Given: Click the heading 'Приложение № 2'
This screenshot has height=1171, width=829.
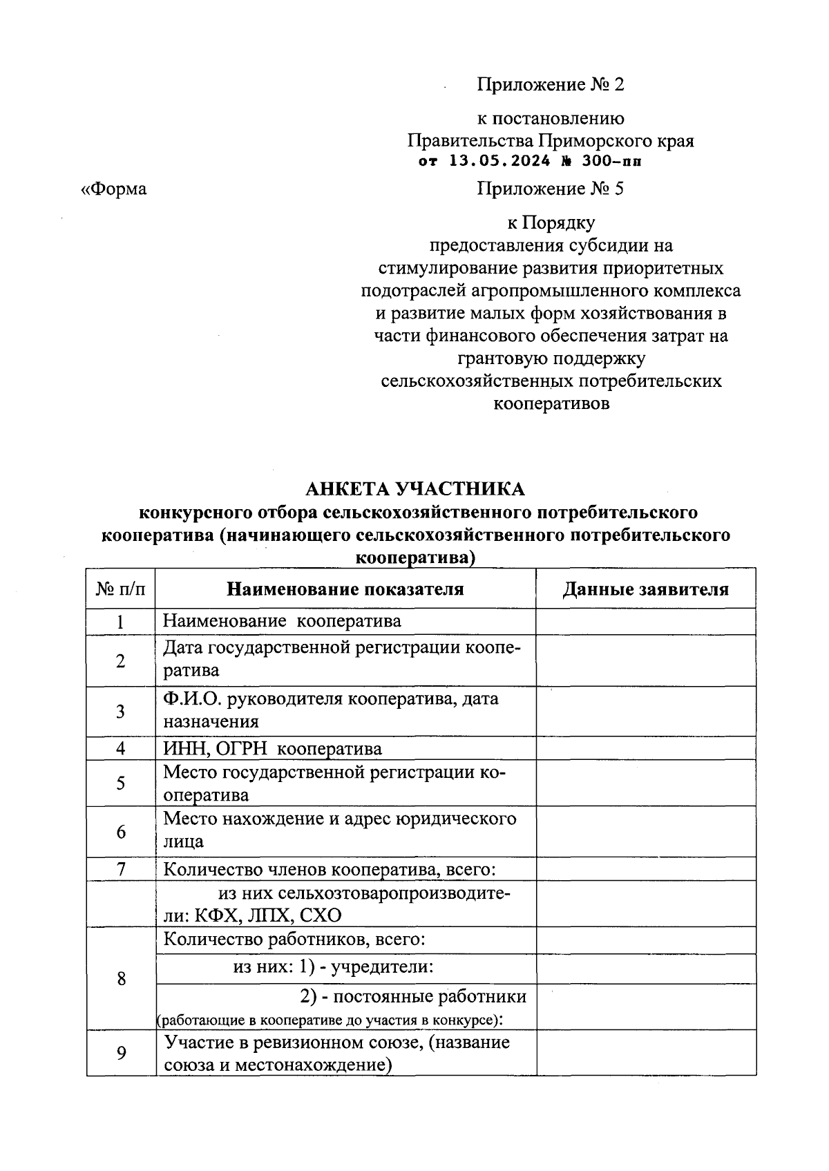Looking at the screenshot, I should [550, 85].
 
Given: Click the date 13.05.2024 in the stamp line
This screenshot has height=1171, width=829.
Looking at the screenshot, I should [499, 162].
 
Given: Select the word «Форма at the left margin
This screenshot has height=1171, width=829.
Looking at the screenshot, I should [114, 189].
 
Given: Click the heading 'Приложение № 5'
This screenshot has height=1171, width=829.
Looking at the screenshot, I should [550, 189].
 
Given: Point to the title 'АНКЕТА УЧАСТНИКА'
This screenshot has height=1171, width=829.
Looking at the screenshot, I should [414, 489].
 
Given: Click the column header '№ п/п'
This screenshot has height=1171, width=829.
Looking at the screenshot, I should [121, 589].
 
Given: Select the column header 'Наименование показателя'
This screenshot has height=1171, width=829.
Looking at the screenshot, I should [345, 589].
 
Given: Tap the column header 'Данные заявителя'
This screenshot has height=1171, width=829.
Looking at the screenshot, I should [646, 589].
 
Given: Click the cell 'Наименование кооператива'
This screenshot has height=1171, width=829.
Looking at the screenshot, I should [282, 621].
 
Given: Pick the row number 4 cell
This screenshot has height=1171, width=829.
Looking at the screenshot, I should [121, 749].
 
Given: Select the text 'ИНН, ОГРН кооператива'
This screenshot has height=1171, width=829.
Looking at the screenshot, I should [272, 749].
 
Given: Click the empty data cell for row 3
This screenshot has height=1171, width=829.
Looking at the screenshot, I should [646, 711].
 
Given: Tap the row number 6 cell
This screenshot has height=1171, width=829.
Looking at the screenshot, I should [121, 832].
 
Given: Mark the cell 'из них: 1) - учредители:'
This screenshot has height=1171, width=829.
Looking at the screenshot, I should [333, 967].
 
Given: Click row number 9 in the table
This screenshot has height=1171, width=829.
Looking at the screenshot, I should [121, 1054].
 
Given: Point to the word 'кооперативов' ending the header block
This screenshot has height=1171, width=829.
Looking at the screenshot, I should [551, 404].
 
